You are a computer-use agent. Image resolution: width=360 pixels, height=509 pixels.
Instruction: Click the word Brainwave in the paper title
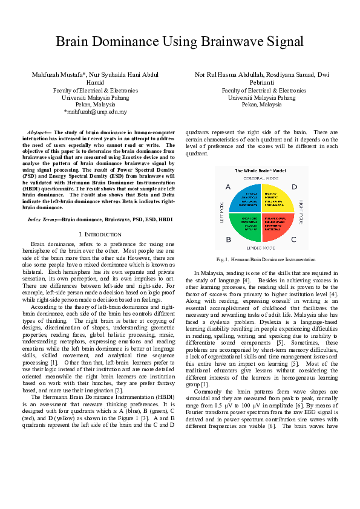pyautogui.click(x=232, y=42)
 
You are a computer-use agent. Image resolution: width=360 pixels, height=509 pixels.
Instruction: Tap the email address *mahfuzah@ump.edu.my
pyautogui.click(x=95, y=112)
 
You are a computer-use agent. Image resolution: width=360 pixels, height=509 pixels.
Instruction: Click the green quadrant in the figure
pyautogui.click(x=247, y=226)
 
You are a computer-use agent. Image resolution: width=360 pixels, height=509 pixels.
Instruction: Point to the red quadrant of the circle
pyautogui.click(x=277, y=226)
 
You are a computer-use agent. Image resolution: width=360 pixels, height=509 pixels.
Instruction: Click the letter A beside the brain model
pyautogui.click(x=228, y=187)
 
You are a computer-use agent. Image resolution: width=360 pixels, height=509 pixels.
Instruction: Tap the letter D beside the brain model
pyautogui.click(x=295, y=187)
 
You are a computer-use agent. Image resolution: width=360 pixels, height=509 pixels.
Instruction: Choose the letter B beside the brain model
pyautogui.click(x=228, y=239)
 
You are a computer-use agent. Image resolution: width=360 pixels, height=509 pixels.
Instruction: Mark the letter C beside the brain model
pyautogui.click(x=295, y=239)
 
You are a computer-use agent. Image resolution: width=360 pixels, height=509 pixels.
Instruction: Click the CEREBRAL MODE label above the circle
pyautogui.click(x=261, y=180)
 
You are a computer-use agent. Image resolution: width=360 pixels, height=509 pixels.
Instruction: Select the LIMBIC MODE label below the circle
pyautogui.click(x=261, y=248)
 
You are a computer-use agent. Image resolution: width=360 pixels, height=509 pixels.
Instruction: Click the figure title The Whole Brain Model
pyautogui.click(x=261, y=172)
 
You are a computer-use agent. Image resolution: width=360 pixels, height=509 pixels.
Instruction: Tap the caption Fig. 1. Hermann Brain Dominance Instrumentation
pyautogui.click(x=261, y=259)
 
